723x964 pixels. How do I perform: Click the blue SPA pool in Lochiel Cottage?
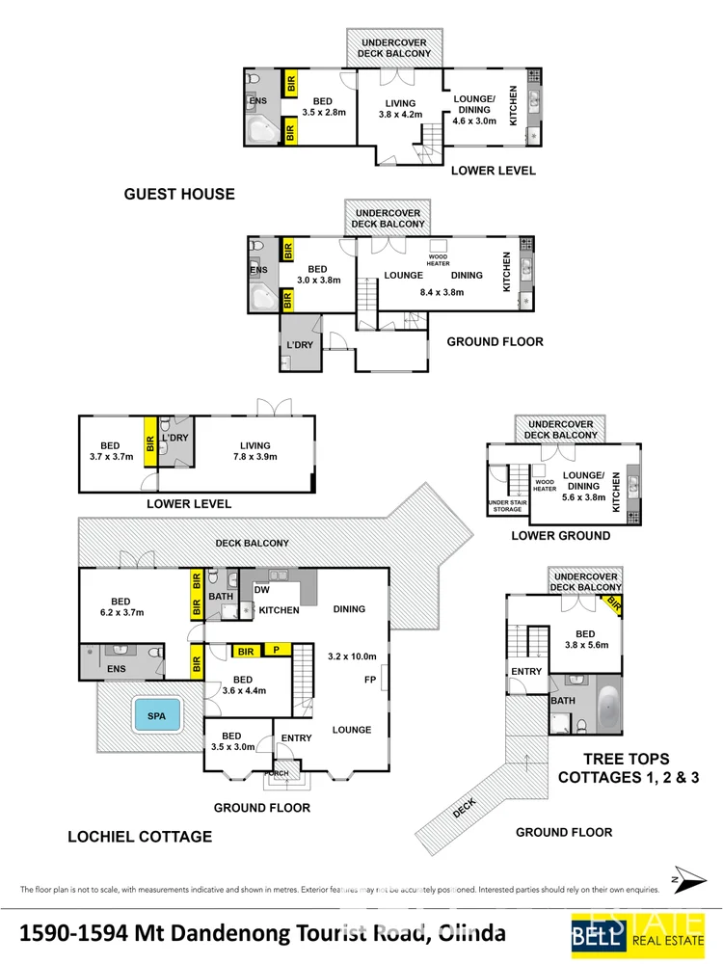click(155, 717)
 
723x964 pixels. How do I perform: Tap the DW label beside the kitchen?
click(262, 590)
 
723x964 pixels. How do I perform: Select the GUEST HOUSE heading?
click(179, 194)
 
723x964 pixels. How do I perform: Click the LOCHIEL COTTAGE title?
click(140, 836)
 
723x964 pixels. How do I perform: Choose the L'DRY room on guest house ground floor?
click(299, 345)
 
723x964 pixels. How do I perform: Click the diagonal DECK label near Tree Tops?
click(465, 813)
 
